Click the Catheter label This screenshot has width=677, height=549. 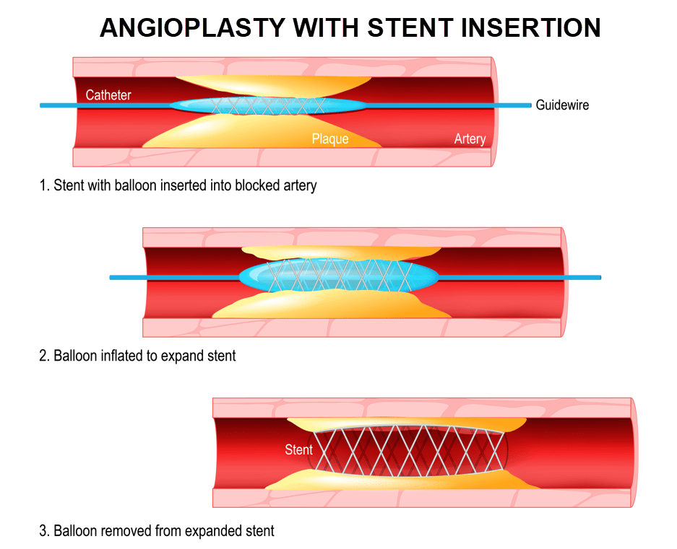[x=108, y=95]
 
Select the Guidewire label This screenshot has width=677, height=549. [x=562, y=105]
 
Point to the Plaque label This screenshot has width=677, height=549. [x=330, y=139]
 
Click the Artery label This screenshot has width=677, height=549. [x=470, y=139]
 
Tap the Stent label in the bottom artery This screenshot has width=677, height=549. [x=298, y=450]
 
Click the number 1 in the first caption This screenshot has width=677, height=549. [x=43, y=185]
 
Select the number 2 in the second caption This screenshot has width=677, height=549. [x=43, y=356]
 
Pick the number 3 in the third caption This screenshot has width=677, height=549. [x=43, y=532]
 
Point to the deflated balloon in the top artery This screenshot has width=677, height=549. [x=267, y=105]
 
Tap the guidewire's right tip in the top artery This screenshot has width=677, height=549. [x=529, y=105]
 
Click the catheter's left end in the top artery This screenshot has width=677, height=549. [x=42, y=105]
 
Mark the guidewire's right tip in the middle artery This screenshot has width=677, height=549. [x=599, y=277]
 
